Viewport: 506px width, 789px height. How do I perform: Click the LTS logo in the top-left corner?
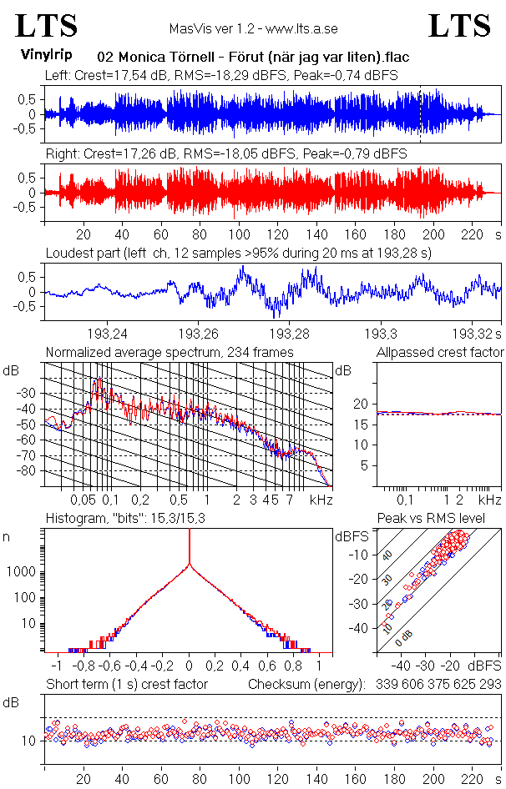click(x=47, y=27)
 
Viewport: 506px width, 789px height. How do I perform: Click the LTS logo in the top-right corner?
click(x=459, y=27)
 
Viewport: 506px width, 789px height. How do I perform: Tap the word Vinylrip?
click(x=45, y=55)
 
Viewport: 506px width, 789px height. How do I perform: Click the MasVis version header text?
click(x=253, y=28)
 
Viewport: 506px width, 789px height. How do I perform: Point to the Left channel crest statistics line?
click(x=221, y=75)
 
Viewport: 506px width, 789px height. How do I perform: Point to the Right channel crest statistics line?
click(x=225, y=153)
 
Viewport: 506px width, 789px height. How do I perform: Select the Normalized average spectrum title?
click(x=170, y=353)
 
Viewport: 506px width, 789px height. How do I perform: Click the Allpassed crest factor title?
click(x=440, y=353)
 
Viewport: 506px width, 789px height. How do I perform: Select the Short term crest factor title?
click(x=127, y=684)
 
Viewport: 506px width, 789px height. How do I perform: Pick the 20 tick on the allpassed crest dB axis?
click(x=361, y=404)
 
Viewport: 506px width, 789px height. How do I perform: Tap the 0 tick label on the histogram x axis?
click(x=190, y=666)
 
